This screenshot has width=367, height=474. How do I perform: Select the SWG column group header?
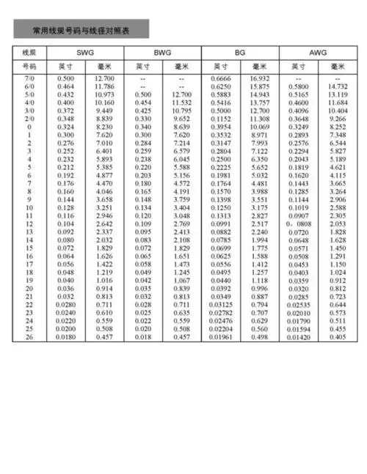[84, 53]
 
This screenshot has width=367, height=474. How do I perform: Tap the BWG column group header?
[161, 53]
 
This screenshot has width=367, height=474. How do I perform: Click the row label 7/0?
[29, 78]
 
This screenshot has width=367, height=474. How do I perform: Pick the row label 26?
[29, 337]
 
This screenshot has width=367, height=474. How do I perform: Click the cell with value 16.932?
[260, 78]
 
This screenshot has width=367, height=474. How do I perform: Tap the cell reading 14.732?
[338, 86]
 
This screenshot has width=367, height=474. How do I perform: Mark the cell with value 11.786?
[104, 86]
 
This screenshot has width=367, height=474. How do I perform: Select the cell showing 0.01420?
[299, 337]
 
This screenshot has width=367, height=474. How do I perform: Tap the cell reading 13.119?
[338, 94]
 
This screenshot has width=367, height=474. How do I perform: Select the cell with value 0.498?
[260, 337]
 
